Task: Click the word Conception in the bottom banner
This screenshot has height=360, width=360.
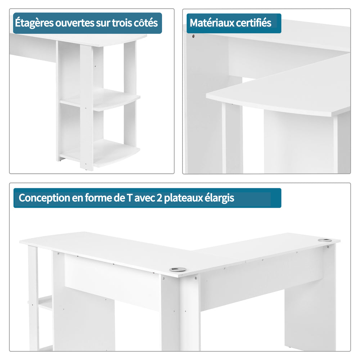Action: (x=44, y=198)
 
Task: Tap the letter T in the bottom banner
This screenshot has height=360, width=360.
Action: (x=129, y=198)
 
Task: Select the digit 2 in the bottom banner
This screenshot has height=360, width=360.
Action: (x=159, y=198)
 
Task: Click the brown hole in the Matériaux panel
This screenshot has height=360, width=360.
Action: (x=193, y=36)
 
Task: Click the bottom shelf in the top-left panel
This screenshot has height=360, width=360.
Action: (x=100, y=153)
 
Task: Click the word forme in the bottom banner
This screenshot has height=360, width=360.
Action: (x=98, y=198)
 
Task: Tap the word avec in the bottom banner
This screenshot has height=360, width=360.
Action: (x=144, y=198)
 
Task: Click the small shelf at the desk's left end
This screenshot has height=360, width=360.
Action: (x=45, y=303)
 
